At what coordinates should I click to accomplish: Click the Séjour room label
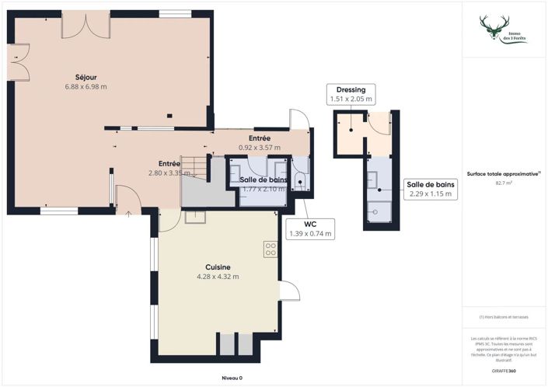(86, 76)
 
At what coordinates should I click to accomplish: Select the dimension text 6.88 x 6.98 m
(86, 86)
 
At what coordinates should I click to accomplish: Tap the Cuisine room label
(218, 267)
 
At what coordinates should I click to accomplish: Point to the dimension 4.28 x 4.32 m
(218, 277)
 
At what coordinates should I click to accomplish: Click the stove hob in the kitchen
(271, 249)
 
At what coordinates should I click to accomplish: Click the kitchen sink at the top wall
(194, 216)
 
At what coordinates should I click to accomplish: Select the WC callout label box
(310, 228)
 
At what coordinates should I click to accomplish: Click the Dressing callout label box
(351, 94)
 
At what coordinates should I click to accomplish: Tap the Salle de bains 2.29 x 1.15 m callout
(430, 189)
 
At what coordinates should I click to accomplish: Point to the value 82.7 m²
(504, 183)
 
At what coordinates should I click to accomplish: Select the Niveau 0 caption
(232, 378)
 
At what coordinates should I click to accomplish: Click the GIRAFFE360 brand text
(504, 371)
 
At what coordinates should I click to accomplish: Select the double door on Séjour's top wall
(86, 25)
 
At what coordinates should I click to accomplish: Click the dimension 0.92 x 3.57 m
(259, 148)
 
